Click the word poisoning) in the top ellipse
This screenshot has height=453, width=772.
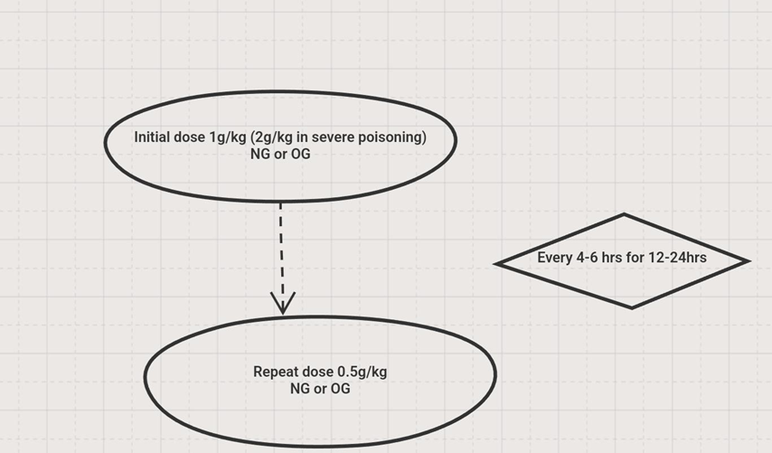pyautogui.click(x=391, y=137)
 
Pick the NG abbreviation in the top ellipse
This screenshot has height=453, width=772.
pyautogui.click(x=260, y=154)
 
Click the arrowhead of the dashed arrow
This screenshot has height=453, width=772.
pyautogui.click(x=283, y=304)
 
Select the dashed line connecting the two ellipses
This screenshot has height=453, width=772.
pyautogui.click(x=281, y=244)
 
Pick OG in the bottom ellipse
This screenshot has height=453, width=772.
pyautogui.click(x=340, y=389)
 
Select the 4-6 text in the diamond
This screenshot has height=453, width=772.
pyautogui.click(x=590, y=258)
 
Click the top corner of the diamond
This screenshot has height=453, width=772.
pyautogui.click(x=624, y=215)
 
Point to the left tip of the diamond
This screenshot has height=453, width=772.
pyautogui.click(x=496, y=263)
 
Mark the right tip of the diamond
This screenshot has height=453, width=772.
pyautogui.click(x=748, y=261)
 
